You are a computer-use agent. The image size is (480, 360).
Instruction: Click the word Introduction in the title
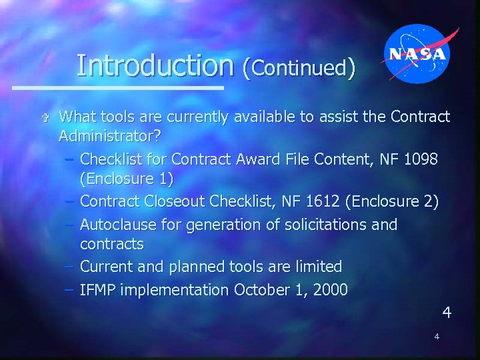(155, 65)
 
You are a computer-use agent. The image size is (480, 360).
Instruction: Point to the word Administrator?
(111, 137)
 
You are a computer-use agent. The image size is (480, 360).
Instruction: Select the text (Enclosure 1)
(127, 179)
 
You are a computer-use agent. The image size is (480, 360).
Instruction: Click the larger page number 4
(447, 312)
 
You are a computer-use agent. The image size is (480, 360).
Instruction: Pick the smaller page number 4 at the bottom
(437, 337)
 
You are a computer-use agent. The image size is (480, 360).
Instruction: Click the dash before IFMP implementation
(69, 290)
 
